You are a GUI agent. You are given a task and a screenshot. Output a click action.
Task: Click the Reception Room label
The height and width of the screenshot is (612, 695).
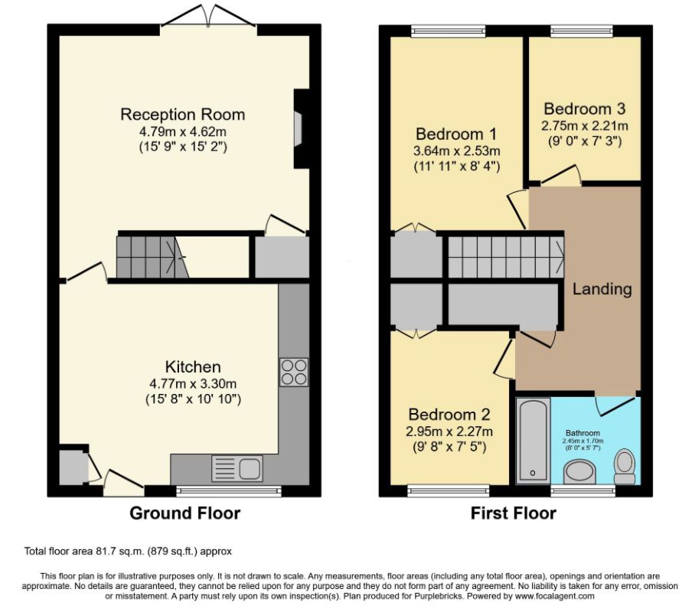pos(182,115)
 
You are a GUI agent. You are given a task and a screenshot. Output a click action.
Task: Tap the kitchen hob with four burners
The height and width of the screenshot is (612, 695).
pos(294,372)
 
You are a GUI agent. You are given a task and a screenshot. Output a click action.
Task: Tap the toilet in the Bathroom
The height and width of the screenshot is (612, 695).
pos(625,464)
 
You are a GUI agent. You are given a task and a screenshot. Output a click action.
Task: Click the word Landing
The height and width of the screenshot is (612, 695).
pos(602,289)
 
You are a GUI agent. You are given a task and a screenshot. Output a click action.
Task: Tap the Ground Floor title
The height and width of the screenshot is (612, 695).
pos(184,513)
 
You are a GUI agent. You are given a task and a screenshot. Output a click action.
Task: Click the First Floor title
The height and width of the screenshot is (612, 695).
pos(513,513)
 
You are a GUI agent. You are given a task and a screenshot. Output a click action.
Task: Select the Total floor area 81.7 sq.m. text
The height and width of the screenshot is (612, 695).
pos(128,551)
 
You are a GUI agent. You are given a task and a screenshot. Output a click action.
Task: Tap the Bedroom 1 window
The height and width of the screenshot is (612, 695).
pos(449,31)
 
